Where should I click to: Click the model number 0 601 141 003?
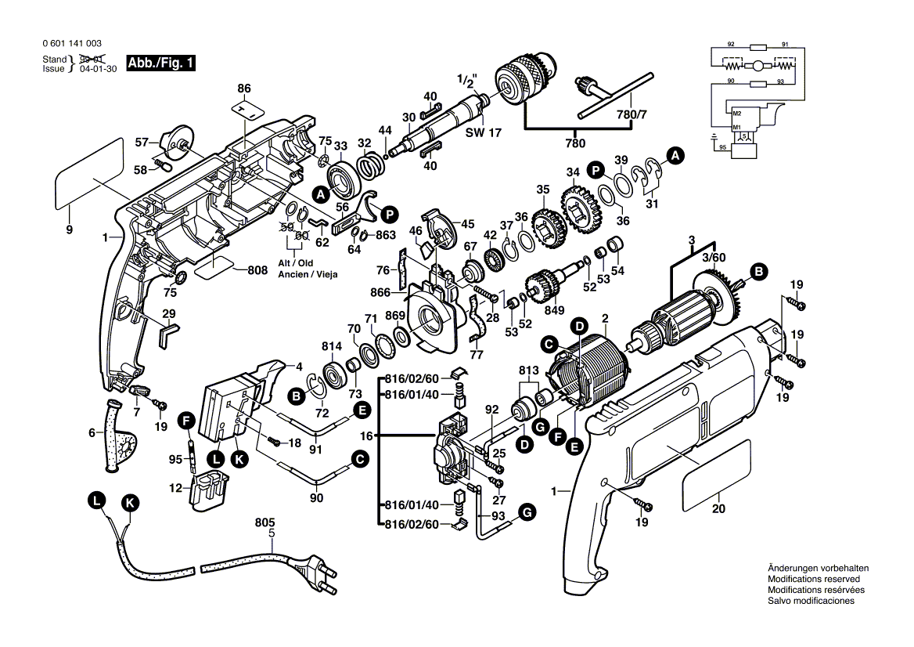(72, 44)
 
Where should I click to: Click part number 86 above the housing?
(244, 89)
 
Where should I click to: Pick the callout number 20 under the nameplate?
(719, 508)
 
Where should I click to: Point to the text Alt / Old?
(294, 263)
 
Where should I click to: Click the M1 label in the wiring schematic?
(736, 127)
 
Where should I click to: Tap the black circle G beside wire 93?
(527, 513)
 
